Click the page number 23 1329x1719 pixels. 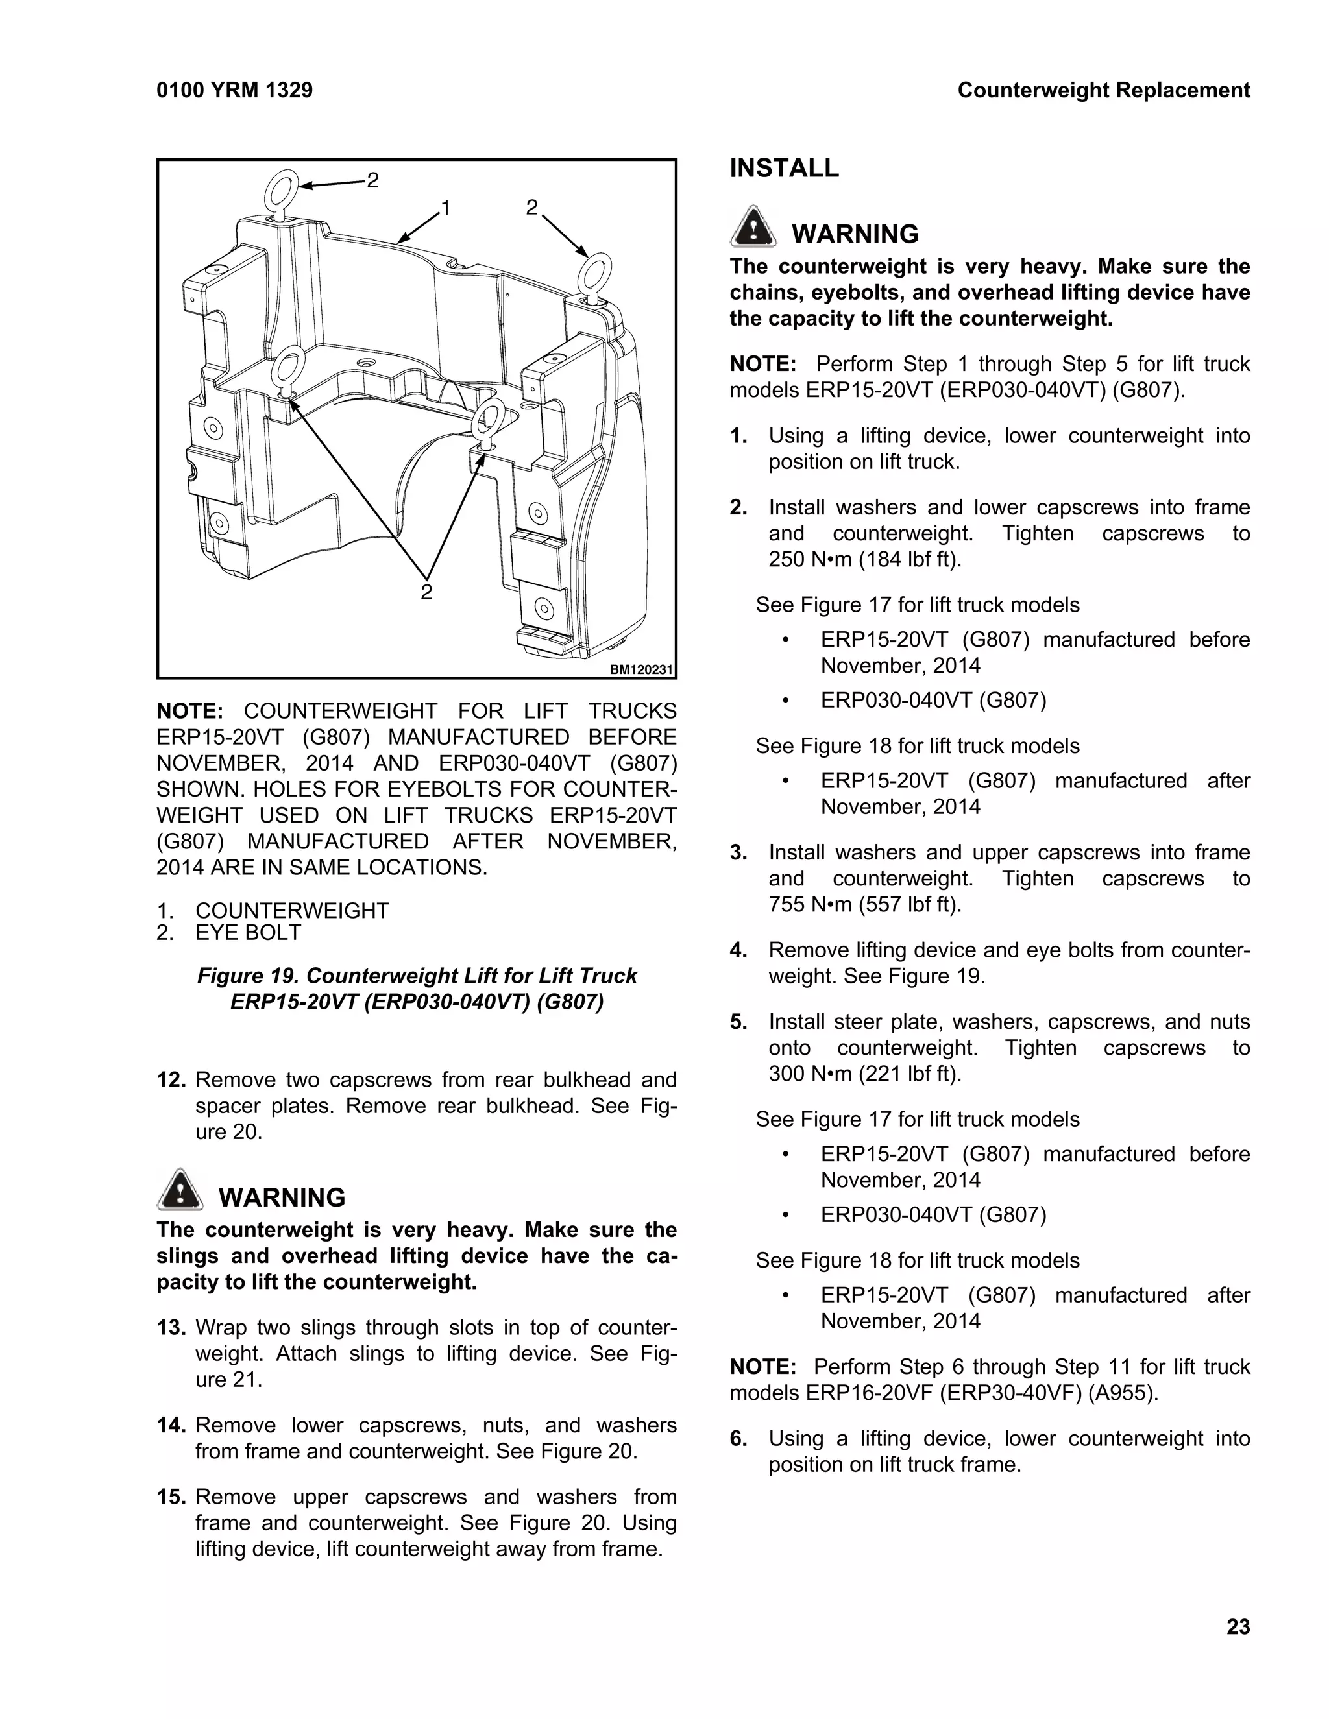coord(1238,1626)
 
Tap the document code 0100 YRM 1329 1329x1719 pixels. coord(235,91)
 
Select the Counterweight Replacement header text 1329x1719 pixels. coord(1103,91)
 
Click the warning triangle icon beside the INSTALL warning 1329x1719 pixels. coord(753,228)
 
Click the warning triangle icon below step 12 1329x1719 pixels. coord(180,1190)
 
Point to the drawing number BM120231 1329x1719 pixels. coord(642,670)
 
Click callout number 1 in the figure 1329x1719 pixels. coord(446,209)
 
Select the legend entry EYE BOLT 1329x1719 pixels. coord(248,933)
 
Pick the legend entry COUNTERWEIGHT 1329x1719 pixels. coord(292,911)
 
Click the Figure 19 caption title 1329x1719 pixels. coord(417,989)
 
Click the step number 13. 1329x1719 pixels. coord(171,1328)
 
